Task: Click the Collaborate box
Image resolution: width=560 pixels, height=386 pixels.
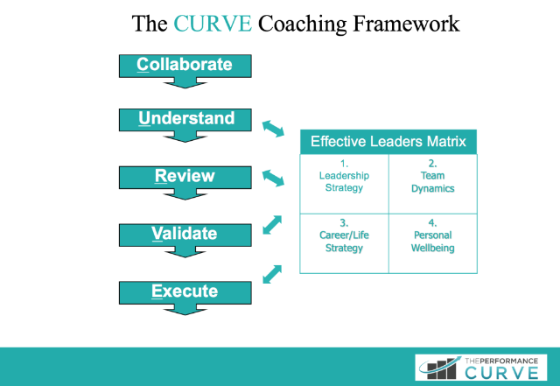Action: pos(185,65)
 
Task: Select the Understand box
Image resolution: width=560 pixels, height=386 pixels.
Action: pos(185,119)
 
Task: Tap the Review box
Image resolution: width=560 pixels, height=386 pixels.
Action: pos(185,177)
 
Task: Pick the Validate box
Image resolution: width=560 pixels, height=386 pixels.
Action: pos(185,235)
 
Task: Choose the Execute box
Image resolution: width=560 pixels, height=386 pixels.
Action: pos(185,291)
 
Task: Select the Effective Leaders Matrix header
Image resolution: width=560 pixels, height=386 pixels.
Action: pos(388,141)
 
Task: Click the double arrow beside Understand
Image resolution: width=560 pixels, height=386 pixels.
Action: pos(274,128)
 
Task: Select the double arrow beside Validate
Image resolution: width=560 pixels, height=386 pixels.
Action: pos(274,225)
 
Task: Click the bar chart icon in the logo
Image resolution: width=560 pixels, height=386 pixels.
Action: pos(438,367)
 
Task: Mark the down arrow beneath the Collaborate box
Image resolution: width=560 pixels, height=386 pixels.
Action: pos(185,82)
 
